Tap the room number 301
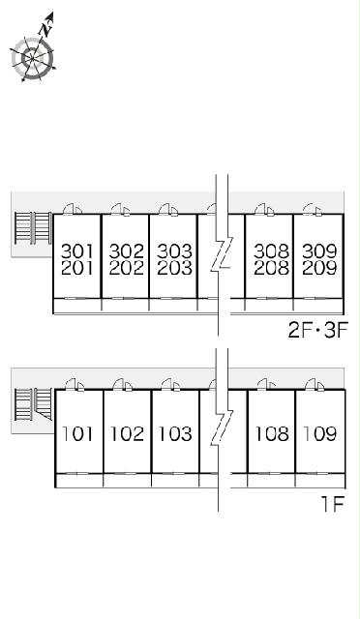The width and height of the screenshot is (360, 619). pyautogui.click(x=77, y=251)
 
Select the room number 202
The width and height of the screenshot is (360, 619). pyautogui.click(x=126, y=268)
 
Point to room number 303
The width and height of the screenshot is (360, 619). pyautogui.click(x=174, y=251)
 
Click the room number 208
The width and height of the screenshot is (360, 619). pyautogui.click(x=271, y=268)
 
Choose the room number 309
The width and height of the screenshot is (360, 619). pyautogui.click(x=319, y=251)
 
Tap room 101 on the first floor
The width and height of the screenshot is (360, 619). pyautogui.click(x=77, y=434)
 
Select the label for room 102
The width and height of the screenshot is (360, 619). pyautogui.click(x=127, y=434)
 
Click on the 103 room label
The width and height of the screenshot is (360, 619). pyautogui.click(x=175, y=434)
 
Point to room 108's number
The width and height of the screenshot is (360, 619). pyautogui.click(x=272, y=434)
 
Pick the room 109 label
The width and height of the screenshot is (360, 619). pyautogui.click(x=320, y=434)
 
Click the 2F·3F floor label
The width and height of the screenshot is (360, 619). pyautogui.click(x=317, y=331)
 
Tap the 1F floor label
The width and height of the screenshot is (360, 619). pyautogui.click(x=333, y=504)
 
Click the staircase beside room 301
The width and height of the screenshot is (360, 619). pyautogui.click(x=33, y=228)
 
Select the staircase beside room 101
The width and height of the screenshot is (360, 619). pyautogui.click(x=33, y=404)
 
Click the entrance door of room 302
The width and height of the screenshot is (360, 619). pyautogui.click(x=121, y=210)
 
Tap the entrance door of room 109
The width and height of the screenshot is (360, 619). pyautogui.click(x=315, y=385)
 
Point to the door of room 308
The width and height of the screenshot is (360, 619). pyautogui.click(x=265, y=210)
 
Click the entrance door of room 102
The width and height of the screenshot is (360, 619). pyautogui.click(x=122, y=385)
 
